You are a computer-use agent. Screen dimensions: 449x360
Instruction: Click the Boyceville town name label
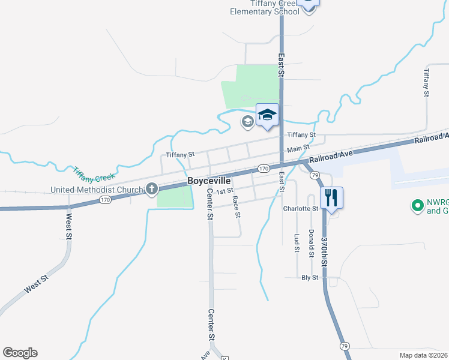pos(209,180)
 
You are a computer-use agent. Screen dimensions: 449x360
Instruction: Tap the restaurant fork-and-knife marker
pos(332,197)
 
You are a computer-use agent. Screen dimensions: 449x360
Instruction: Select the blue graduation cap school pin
pos(268,115)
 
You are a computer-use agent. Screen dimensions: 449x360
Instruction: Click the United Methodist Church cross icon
pos(151,190)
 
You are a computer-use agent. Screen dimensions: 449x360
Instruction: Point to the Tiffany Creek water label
pos(94,175)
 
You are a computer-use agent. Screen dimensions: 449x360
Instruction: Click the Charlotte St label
pos(300,209)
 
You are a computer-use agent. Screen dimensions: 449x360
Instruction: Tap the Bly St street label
pos(309,278)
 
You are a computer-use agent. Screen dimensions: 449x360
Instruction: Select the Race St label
pos(237,206)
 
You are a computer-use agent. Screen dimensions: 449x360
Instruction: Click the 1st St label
pos(224,191)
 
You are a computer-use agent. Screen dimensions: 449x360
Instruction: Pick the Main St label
pos(298,148)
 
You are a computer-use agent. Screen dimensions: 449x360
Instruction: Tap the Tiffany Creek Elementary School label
pos(264,7)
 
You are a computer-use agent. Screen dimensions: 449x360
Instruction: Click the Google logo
pos(20,353)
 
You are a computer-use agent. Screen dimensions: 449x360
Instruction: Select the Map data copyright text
pos(423,355)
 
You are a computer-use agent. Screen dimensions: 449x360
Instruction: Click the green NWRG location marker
pos(417,206)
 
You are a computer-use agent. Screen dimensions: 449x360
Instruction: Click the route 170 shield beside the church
pos(104,200)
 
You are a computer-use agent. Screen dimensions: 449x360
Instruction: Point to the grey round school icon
pos(247,122)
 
